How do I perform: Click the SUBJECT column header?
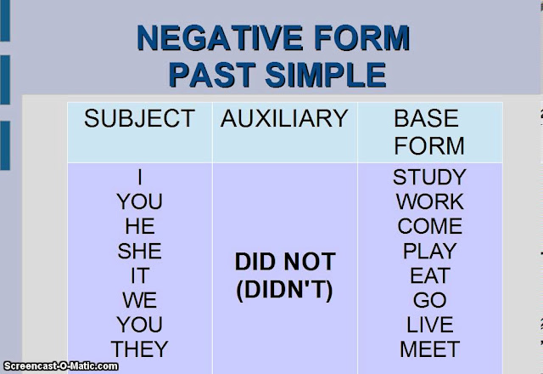click(139, 119)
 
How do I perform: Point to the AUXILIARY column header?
click(284, 119)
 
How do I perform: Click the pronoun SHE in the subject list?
click(139, 252)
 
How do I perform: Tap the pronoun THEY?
click(139, 349)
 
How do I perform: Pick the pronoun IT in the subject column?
click(139, 276)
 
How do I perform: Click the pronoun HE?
click(139, 227)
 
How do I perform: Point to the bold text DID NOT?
click(285, 263)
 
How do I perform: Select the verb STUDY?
click(429, 178)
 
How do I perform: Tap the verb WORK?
click(429, 202)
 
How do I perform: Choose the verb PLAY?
click(429, 252)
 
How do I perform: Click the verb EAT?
click(429, 276)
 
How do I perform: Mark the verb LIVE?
click(429, 325)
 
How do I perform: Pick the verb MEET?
click(429, 349)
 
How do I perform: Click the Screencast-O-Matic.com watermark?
click(59, 366)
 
